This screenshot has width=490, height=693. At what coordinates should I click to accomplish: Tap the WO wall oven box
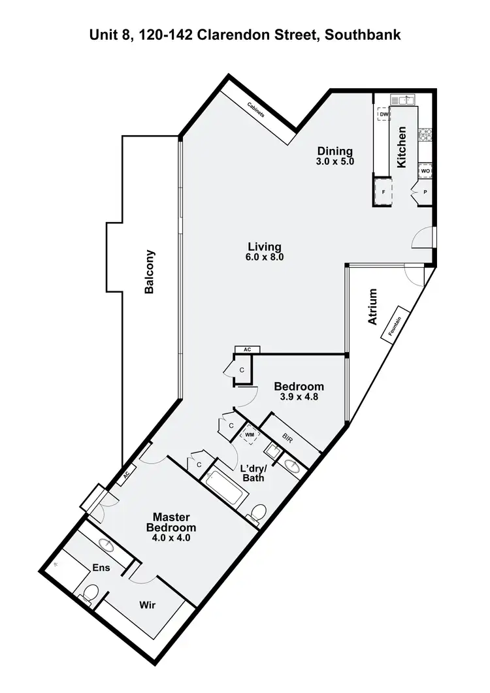[x=425, y=170]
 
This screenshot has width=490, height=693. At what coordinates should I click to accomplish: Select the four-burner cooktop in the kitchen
[x=425, y=135]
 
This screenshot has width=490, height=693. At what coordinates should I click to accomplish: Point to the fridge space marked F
[x=384, y=192]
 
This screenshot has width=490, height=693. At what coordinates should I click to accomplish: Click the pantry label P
[x=425, y=192]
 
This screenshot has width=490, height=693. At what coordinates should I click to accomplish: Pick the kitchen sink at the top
[x=402, y=99]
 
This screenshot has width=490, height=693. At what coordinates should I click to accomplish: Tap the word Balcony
[x=150, y=271]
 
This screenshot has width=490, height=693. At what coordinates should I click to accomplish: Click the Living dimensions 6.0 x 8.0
[x=265, y=257]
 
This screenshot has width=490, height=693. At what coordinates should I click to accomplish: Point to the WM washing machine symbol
[x=249, y=434]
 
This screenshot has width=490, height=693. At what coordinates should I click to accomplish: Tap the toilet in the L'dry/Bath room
[x=258, y=513]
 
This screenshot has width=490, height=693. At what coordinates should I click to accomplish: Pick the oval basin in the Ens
[x=104, y=543]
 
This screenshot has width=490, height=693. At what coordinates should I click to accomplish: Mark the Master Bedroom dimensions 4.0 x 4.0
[x=171, y=538]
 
